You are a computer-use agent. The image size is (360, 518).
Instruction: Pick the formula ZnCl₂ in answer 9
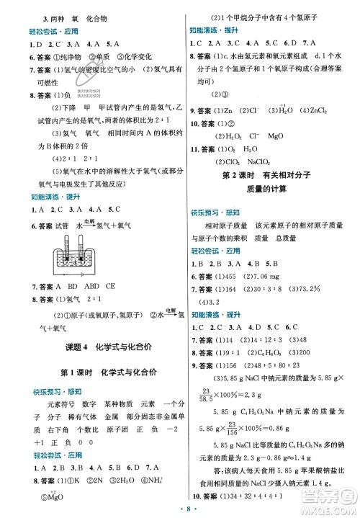pos(319,112)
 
